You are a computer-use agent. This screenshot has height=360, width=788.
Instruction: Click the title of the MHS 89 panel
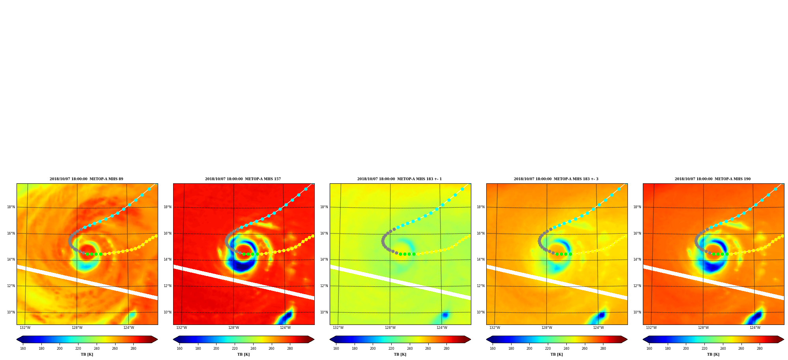86,179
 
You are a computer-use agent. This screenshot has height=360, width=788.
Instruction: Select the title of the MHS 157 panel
243,179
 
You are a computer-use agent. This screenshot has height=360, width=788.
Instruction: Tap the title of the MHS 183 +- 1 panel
400,179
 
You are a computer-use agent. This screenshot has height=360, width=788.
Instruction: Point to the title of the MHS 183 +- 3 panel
556,179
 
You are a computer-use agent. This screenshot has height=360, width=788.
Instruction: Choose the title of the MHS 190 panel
713,179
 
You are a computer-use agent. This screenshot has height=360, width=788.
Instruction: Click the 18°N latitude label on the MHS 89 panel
11,207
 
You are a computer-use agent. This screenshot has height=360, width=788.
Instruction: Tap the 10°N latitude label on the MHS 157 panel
168,312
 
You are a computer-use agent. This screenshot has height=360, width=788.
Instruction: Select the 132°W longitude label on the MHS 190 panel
651,328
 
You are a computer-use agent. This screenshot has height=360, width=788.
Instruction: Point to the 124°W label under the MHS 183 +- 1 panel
442,328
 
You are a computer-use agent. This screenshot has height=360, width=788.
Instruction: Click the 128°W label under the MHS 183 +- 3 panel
547,328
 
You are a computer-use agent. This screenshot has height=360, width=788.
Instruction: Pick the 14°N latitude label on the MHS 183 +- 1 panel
324,259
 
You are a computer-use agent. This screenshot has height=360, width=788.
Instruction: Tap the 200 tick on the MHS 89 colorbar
60,349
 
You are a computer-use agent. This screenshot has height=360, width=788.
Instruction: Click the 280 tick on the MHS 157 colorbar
290,349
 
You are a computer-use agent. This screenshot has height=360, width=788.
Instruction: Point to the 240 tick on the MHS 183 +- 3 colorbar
566,349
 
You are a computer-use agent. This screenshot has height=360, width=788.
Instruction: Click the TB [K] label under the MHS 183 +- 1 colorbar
400,354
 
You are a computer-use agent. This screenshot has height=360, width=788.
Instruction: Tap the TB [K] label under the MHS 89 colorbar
87,354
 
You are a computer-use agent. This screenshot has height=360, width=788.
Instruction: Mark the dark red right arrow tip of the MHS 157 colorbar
314,339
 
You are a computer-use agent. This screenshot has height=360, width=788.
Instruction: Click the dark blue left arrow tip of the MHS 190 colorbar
643,339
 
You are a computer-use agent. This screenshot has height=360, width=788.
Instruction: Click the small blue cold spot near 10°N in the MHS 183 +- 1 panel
445,315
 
